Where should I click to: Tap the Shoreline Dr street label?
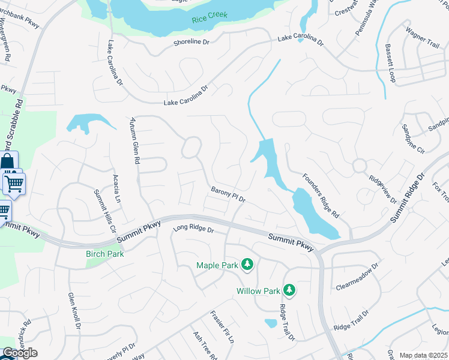pyautogui.click(x=191, y=42)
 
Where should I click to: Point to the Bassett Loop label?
pyautogui.click(x=391, y=63)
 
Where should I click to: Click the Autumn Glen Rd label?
pyautogui.click(x=134, y=141)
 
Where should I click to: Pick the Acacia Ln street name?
pyautogui.click(x=117, y=188)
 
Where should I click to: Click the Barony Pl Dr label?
pyautogui.click(x=228, y=194)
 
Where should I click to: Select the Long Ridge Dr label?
pyautogui.click(x=193, y=229)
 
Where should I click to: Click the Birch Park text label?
pyautogui.click(x=104, y=254)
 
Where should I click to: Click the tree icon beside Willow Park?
pyautogui.click(x=289, y=291)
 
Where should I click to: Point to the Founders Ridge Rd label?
pyautogui.click(x=321, y=195)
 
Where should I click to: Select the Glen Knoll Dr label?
pyautogui.click(x=74, y=311)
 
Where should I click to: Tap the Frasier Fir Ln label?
pyautogui.click(x=221, y=327)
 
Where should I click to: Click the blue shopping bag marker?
pyautogui.click(x=8, y=162)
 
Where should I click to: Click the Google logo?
pyautogui.click(x=20, y=353)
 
